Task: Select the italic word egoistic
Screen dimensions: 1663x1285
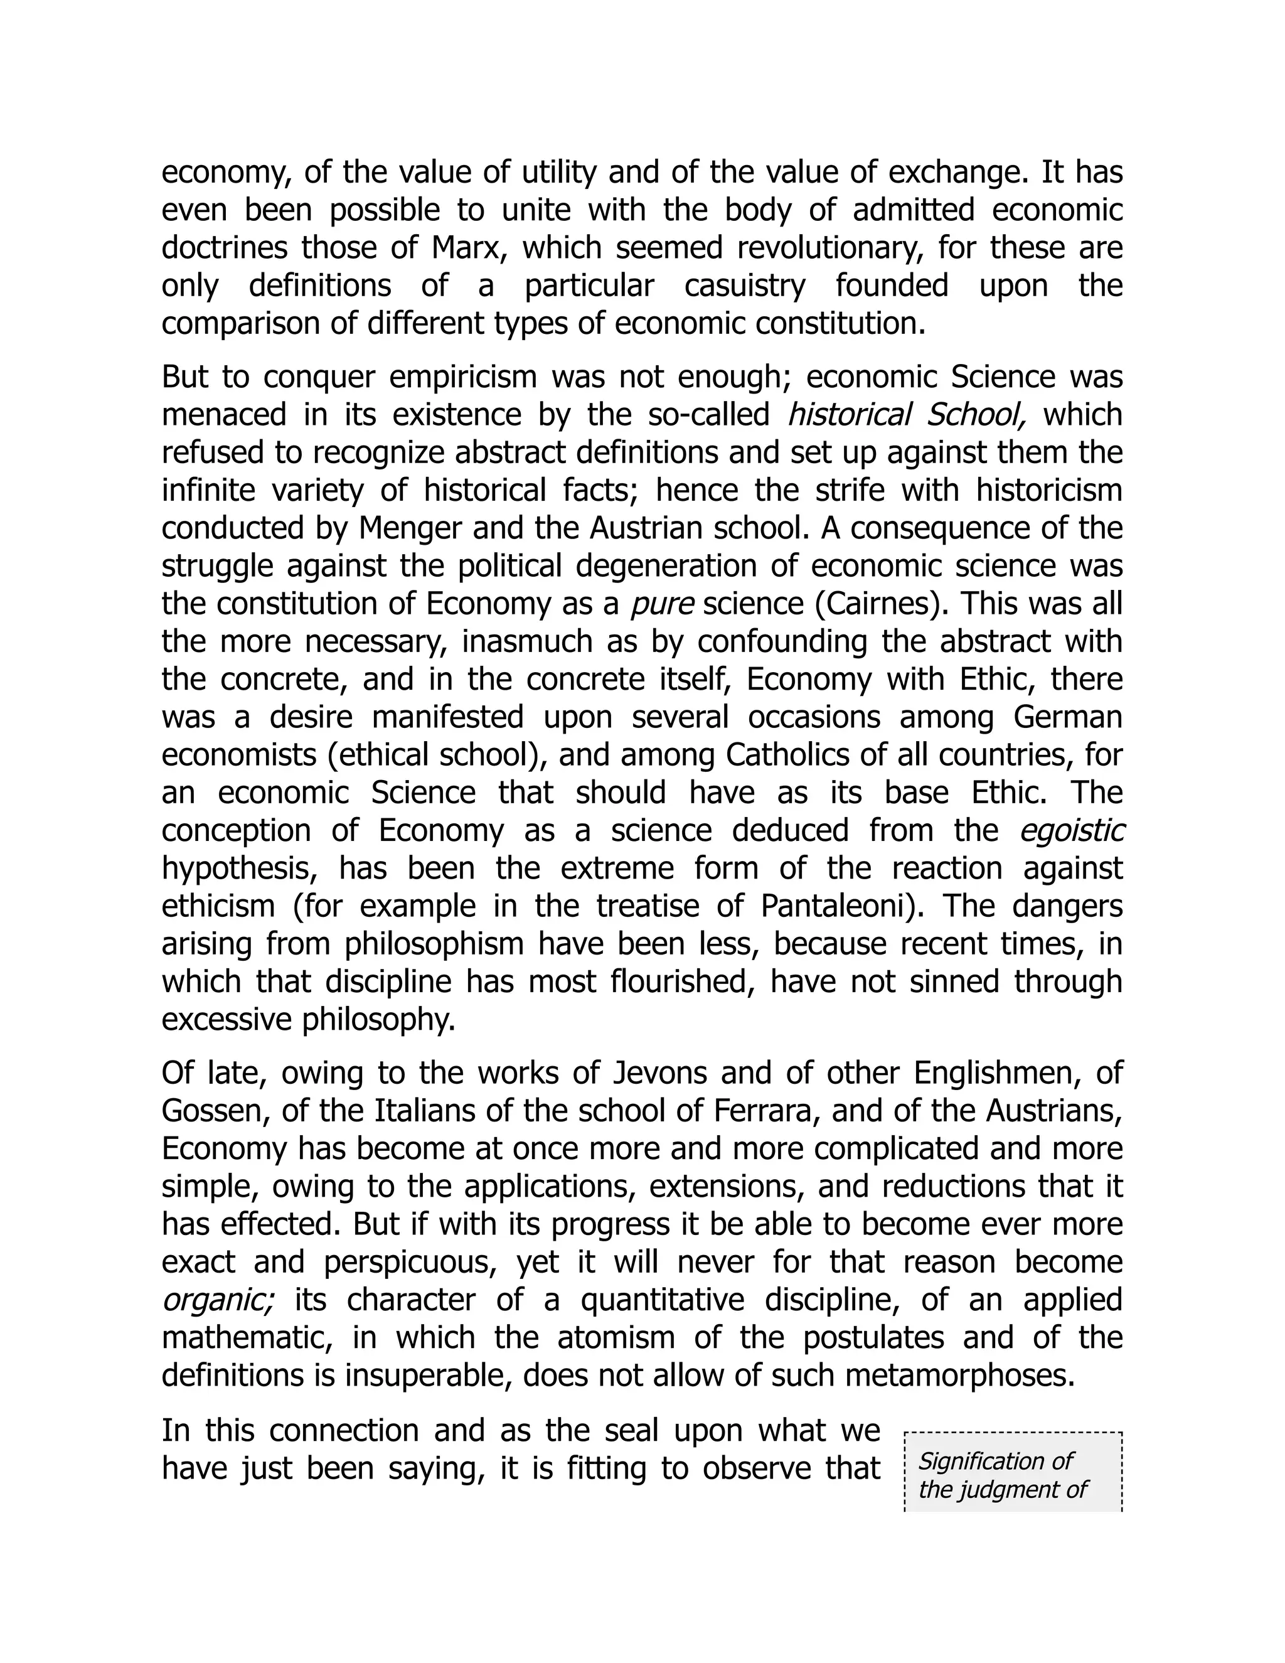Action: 1072,831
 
